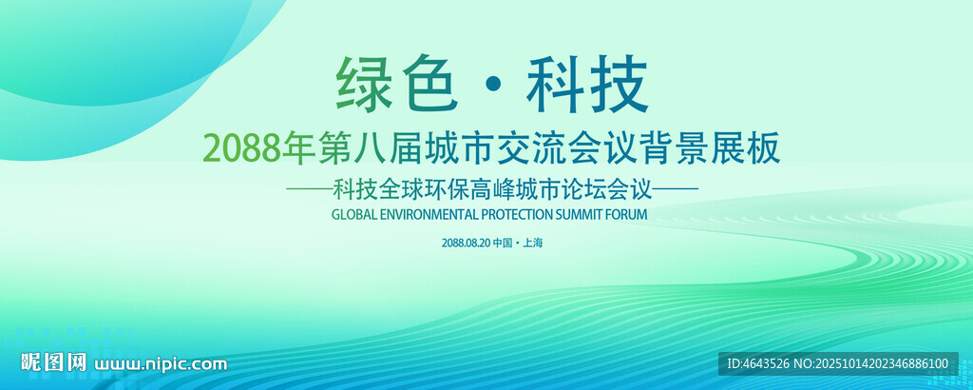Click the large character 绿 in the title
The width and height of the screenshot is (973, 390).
364,85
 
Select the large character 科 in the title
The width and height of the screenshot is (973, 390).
555,85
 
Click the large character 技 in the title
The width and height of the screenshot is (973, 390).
620,85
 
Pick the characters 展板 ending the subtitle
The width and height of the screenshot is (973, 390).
751,150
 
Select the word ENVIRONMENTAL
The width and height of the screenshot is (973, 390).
429,215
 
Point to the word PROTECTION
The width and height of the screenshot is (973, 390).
518,215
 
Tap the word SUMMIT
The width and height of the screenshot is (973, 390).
580,215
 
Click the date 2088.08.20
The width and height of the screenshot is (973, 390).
466,244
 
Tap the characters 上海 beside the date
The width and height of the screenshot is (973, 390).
533,244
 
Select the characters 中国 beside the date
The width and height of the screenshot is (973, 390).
503,244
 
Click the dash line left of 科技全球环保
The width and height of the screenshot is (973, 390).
309,189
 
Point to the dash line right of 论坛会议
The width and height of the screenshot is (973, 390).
677,189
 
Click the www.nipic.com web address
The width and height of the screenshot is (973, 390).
160,364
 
